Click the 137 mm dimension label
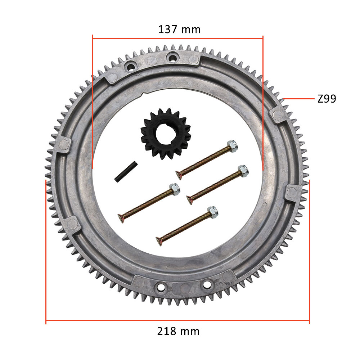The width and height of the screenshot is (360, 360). point(179,30)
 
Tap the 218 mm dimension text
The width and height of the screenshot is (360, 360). point(179,331)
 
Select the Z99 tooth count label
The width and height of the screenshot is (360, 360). point(327,99)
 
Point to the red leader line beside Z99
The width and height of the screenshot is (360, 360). point(298,99)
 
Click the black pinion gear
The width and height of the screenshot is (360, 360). point(166,134)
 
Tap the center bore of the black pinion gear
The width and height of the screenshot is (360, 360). point(165,134)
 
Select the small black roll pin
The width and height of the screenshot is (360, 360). point(126,172)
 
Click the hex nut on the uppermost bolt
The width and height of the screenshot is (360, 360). point(232,146)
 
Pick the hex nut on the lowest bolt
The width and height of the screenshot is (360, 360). point(213,212)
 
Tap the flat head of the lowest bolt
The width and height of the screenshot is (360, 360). point(159,241)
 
